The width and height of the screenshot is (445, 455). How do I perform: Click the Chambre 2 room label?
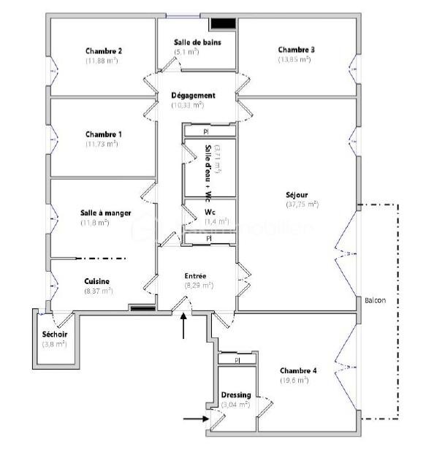(103, 51)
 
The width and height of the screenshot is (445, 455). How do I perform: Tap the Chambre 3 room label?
(296, 50)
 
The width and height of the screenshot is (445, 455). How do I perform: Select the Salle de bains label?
(197, 42)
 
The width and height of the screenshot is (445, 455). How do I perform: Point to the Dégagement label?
(193, 96)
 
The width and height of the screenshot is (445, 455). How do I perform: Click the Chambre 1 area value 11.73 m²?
(102, 144)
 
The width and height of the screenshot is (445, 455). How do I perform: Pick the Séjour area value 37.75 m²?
(303, 204)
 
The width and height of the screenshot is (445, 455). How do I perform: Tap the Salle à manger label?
(105, 213)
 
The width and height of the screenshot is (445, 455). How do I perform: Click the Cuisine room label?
(97, 281)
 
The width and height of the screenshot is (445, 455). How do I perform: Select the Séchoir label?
(55, 334)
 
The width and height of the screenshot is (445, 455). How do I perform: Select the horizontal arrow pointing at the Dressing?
(194, 418)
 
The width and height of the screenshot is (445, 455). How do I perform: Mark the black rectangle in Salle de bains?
(222, 24)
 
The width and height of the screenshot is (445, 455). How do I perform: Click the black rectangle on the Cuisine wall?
(140, 308)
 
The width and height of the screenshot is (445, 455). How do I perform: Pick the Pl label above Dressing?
(237, 360)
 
